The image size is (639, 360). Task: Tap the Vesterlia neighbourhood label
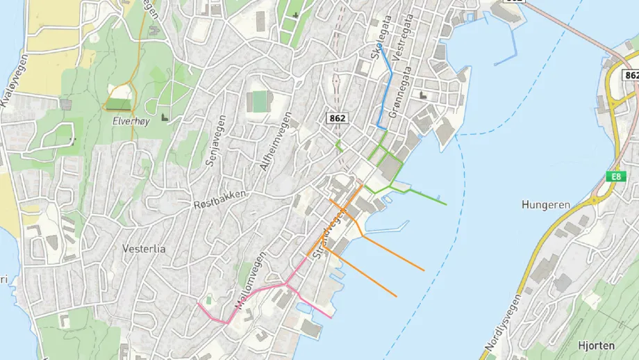click(144, 249)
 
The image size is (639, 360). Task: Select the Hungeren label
click(545, 205)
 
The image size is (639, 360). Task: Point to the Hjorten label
click(597, 344)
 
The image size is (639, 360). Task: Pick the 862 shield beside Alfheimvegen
click(337, 119)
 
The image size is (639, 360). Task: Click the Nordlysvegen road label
click(502, 322)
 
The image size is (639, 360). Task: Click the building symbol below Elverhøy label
click(165, 117)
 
